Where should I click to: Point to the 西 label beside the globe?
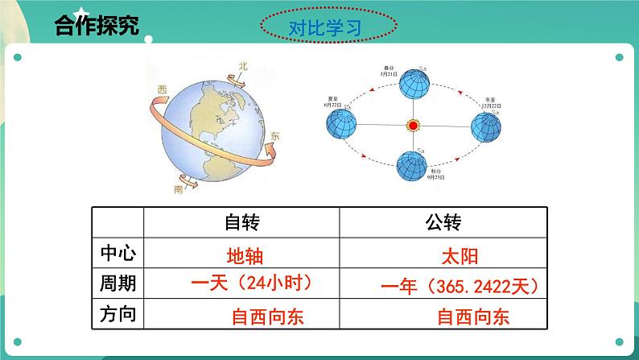tap(163, 89)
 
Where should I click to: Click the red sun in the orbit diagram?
tap(414, 126)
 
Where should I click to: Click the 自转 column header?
tap(241, 223)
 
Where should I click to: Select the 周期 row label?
tap(117, 283)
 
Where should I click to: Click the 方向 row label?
tap(117, 314)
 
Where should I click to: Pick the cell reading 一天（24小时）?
tap(251, 284)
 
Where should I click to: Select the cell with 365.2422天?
tap(457, 287)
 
